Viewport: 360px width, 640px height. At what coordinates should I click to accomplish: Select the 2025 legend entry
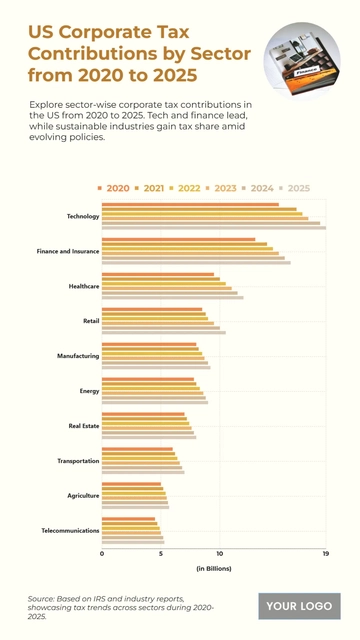[x=295, y=188]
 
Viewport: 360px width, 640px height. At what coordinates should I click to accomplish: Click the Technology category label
[x=82, y=216]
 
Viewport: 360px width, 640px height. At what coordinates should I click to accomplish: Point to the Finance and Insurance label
[x=67, y=251]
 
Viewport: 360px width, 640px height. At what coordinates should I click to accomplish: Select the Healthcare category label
[x=83, y=286]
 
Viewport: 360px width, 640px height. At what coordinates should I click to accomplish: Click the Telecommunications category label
[x=69, y=530]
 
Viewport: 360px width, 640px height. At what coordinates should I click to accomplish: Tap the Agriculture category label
[x=82, y=495]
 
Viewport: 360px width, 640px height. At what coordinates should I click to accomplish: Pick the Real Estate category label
[x=82, y=426]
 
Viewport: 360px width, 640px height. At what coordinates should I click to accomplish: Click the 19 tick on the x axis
[x=325, y=553]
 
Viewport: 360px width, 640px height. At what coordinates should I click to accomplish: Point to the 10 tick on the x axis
[x=219, y=553]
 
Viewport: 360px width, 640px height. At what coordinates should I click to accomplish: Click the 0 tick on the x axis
[x=102, y=553]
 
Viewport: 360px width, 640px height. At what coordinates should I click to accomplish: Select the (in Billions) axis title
[x=213, y=568]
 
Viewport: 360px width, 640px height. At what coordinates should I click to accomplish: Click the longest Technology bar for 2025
[x=213, y=228]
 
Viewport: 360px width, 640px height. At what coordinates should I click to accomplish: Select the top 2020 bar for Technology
[x=190, y=204]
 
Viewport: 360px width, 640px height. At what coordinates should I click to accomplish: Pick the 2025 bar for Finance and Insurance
[x=196, y=263]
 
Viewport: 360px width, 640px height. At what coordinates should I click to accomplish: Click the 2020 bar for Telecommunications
[x=128, y=518]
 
